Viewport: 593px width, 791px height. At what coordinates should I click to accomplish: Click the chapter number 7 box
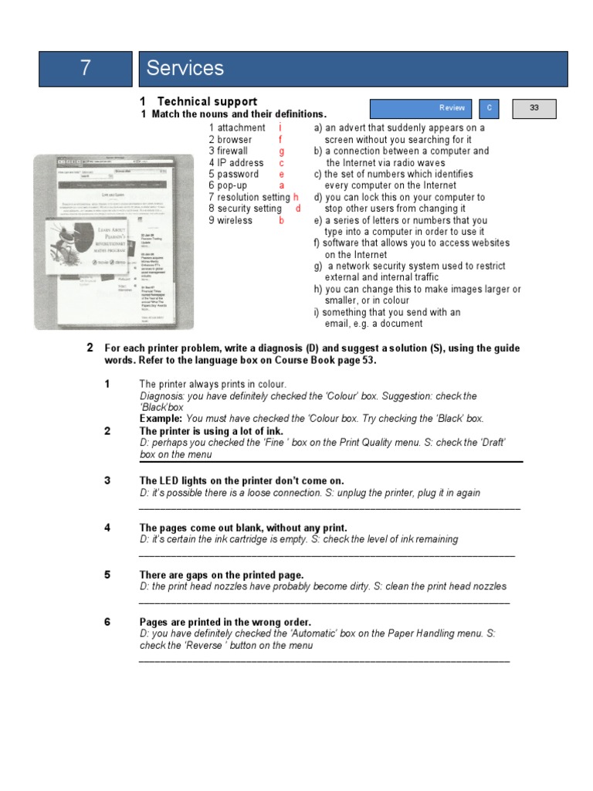pos(85,69)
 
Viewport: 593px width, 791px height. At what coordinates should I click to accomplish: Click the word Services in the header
pos(185,69)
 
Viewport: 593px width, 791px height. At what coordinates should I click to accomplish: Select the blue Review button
pos(421,109)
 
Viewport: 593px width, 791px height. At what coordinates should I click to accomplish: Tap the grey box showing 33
pos(534,109)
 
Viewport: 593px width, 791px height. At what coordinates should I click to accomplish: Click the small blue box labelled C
pos(489,109)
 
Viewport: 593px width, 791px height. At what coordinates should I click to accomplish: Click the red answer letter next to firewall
pos(282,151)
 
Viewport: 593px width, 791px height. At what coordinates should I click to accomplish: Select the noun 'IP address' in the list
pos(236,163)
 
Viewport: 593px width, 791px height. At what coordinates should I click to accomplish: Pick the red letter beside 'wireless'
pos(282,221)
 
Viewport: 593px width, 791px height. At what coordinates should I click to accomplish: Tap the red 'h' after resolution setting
pos(296,198)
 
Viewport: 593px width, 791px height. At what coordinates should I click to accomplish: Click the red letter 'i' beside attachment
pos(280,128)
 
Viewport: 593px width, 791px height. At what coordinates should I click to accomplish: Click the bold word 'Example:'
pos(160,419)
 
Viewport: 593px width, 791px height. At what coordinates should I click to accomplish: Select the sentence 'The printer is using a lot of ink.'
pos(212,431)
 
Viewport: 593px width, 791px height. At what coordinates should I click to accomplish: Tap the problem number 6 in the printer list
pos(107,622)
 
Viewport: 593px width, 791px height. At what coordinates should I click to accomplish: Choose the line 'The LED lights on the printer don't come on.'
pos(242,480)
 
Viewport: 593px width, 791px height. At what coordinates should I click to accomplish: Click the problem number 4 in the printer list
pos(107,528)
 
